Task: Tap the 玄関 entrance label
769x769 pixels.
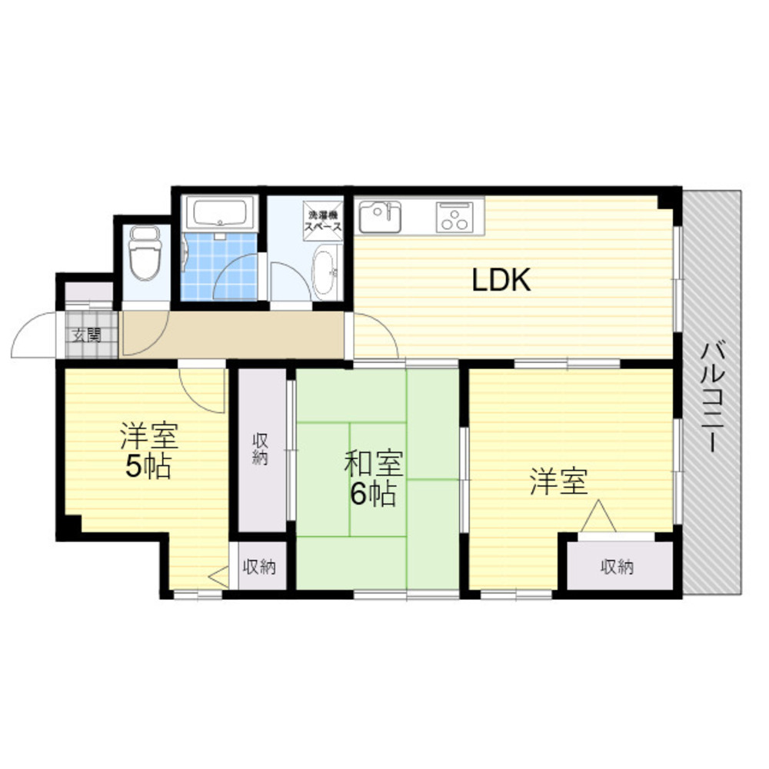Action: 88,335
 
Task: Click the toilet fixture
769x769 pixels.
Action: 144,254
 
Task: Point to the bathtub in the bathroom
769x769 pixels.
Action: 222,212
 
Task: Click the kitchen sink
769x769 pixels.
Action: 381,216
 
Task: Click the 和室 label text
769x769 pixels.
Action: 372,465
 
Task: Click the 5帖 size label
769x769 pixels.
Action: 148,467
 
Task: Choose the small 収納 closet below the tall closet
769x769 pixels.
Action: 261,568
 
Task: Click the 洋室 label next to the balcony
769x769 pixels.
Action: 558,483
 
